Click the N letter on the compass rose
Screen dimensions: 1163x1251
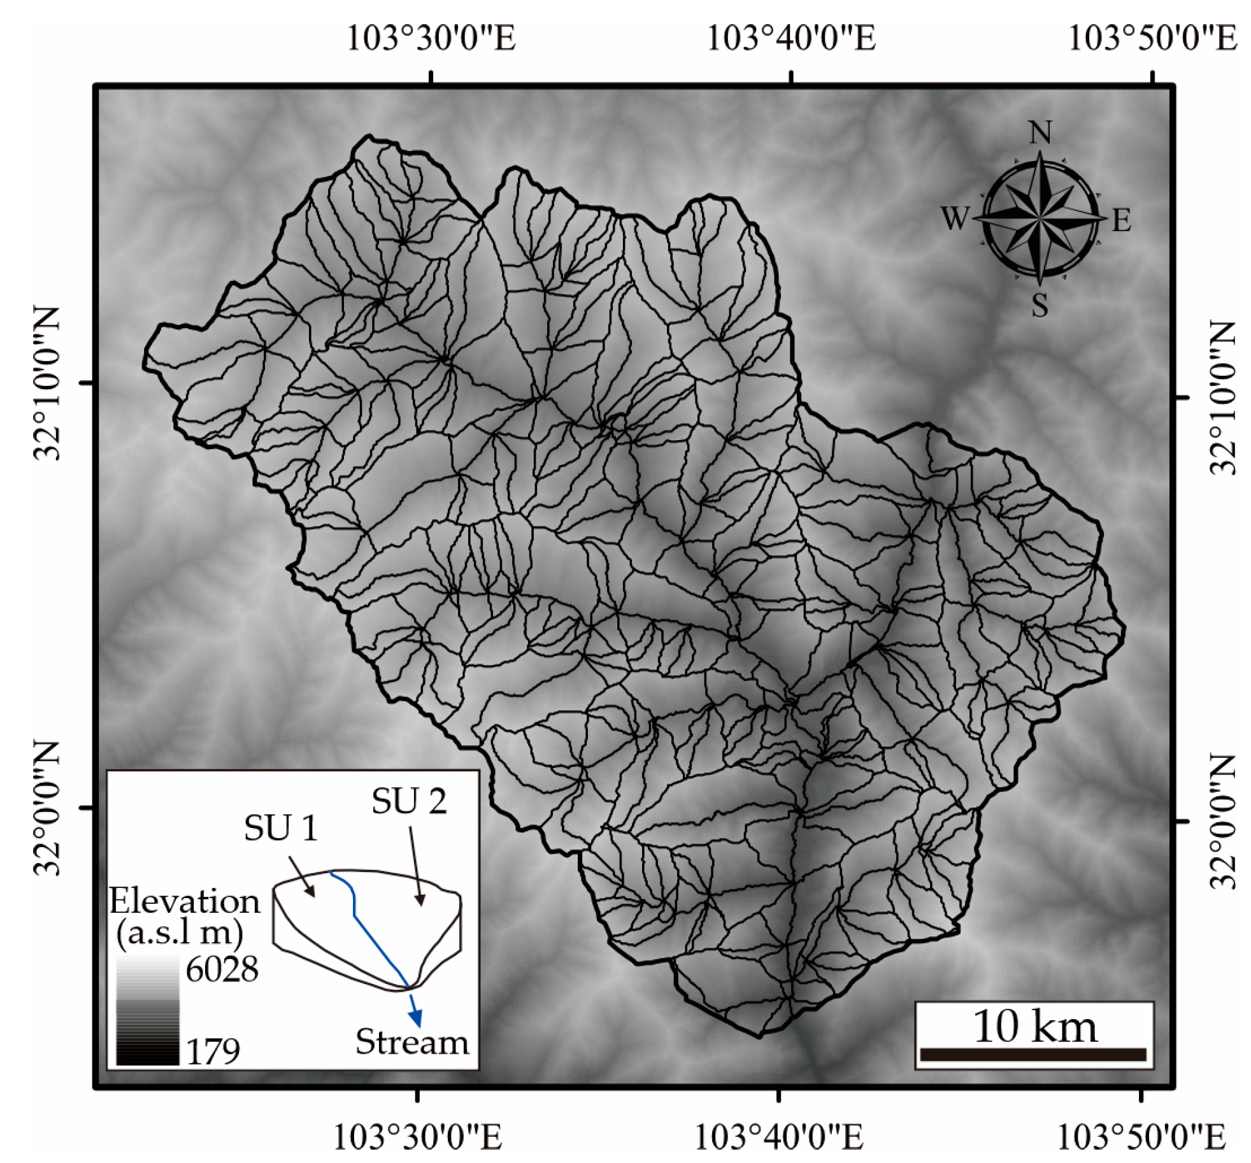coord(1040,133)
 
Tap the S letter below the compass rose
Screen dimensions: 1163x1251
coord(1040,305)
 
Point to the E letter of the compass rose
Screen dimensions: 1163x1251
coord(1121,221)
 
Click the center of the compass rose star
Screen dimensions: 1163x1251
coord(1040,218)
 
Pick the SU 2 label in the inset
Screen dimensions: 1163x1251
coord(409,801)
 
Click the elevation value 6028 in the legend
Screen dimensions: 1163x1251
coord(222,970)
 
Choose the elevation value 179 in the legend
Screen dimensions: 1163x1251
coord(213,1051)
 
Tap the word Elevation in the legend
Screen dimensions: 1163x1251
coord(185,902)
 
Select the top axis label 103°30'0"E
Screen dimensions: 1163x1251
coord(431,38)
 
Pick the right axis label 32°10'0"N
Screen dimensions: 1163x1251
coord(1221,398)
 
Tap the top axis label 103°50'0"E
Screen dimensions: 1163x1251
coord(1152,38)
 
